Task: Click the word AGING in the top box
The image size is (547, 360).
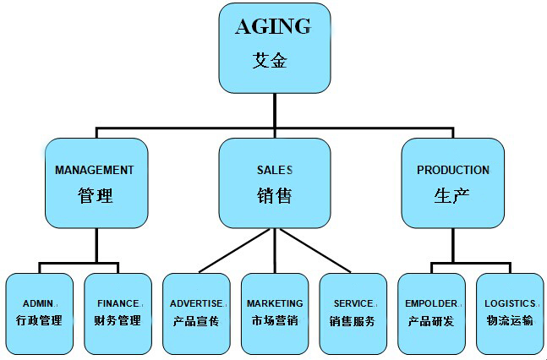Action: (273, 26)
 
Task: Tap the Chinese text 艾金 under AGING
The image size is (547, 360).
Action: (273, 61)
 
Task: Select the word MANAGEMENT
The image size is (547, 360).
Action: (95, 170)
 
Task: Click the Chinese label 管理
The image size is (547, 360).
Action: (95, 196)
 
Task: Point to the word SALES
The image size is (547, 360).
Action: (274, 170)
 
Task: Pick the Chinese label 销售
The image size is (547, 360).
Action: (274, 196)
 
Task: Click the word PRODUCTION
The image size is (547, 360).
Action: (452, 170)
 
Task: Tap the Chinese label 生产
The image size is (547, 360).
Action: (452, 196)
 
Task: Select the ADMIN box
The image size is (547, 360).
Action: (39, 313)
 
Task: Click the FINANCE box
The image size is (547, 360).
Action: (118, 313)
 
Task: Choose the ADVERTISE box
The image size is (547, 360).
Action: (195, 313)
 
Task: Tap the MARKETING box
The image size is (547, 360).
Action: (274, 313)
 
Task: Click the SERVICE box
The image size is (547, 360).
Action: (353, 313)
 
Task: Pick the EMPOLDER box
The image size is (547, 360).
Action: (431, 313)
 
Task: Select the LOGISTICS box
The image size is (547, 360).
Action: (510, 313)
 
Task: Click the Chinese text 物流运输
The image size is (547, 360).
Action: (510, 321)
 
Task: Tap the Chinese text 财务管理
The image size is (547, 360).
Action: (118, 321)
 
